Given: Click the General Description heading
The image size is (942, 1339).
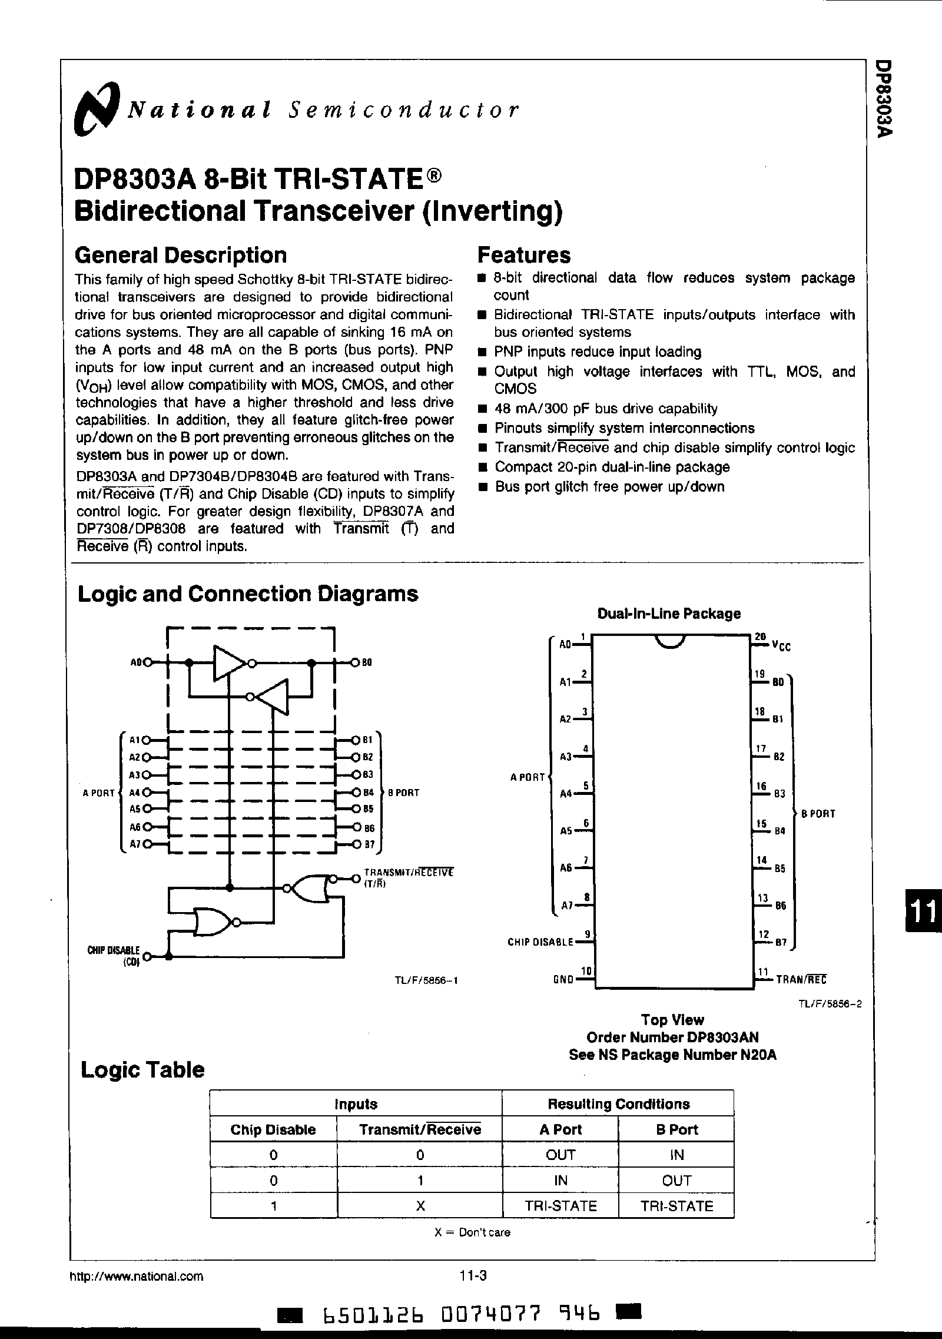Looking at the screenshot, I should point(181,255).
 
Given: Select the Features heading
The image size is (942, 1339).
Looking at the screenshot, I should point(523,255).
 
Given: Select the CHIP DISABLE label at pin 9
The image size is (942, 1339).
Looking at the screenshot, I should point(540,942).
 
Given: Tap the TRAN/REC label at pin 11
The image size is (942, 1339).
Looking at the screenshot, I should point(801,979).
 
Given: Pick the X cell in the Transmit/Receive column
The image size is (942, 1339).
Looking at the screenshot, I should point(420,1205).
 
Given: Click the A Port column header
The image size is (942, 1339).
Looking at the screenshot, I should point(560,1129).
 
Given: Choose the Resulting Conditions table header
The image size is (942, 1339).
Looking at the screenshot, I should point(618,1103).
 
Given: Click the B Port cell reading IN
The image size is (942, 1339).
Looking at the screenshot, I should point(676,1155).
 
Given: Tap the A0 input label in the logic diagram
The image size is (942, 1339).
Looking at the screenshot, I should point(137,662).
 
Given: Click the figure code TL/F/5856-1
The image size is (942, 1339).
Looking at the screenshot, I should point(426,981).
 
